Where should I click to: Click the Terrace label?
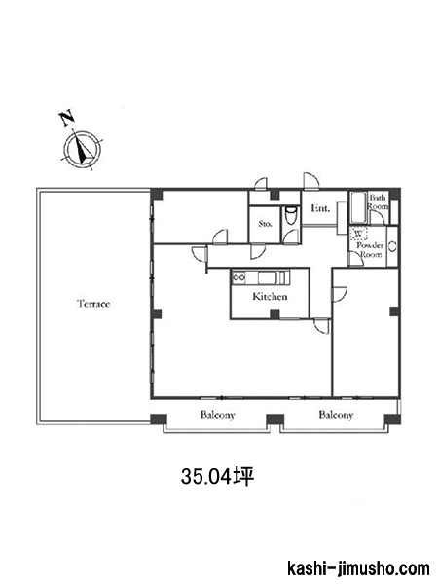click(93, 304)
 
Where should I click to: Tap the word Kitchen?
click(270, 297)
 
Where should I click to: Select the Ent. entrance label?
click(320, 208)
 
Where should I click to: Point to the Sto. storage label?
click(265, 224)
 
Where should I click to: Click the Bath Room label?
click(378, 201)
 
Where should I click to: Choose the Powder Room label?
click(370, 250)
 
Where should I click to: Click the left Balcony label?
click(217, 415)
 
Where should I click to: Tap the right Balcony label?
click(336, 415)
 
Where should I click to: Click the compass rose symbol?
click(82, 149)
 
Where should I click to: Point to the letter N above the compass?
click(67, 118)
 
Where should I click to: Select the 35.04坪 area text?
click(217, 476)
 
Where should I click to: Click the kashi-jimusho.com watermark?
click(358, 568)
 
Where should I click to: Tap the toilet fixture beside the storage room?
click(290, 216)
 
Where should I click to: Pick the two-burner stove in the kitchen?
click(238, 277)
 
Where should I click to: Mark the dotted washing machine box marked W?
click(358, 234)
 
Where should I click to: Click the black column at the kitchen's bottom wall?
click(274, 314)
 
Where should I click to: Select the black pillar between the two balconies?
click(274, 420)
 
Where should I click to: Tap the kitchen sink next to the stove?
click(267, 277)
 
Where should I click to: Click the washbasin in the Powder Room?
click(392, 246)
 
